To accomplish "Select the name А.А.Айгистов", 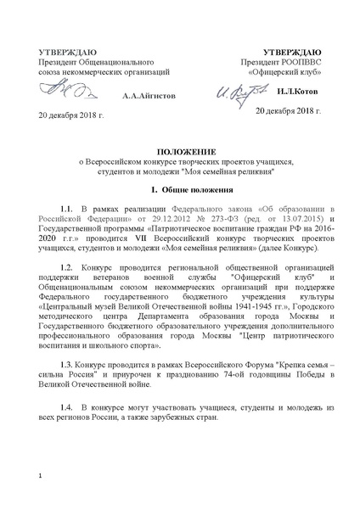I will click(x=149, y=96).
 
